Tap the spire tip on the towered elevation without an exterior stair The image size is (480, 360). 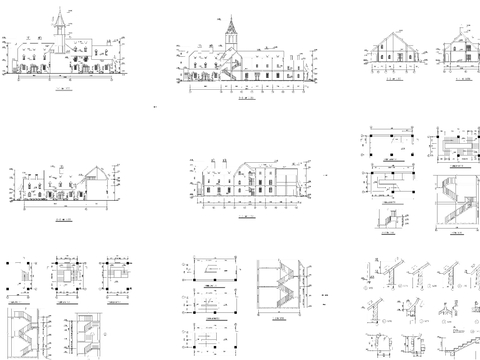coord(61,13)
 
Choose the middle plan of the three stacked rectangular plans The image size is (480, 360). coord(210,299)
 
